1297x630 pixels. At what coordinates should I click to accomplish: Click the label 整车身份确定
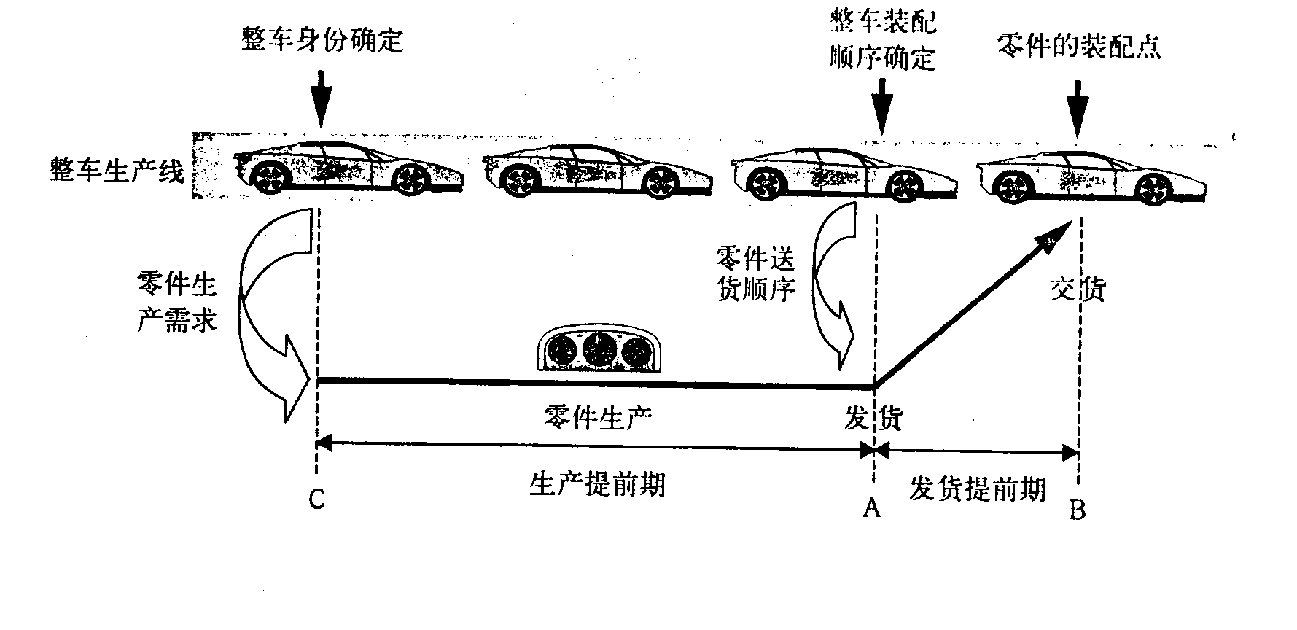tap(322, 40)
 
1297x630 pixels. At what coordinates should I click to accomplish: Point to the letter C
tap(316, 499)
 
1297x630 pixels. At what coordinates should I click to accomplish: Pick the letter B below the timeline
tap(1078, 510)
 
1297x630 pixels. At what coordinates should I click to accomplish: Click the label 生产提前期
tap(596, 484)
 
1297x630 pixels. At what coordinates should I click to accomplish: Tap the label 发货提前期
tap(977, 489)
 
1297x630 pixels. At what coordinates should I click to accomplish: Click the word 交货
tap(1078, 289)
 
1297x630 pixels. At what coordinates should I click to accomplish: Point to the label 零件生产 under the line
tap(598, 417)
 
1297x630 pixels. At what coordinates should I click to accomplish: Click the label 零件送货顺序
tap(755, 274)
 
